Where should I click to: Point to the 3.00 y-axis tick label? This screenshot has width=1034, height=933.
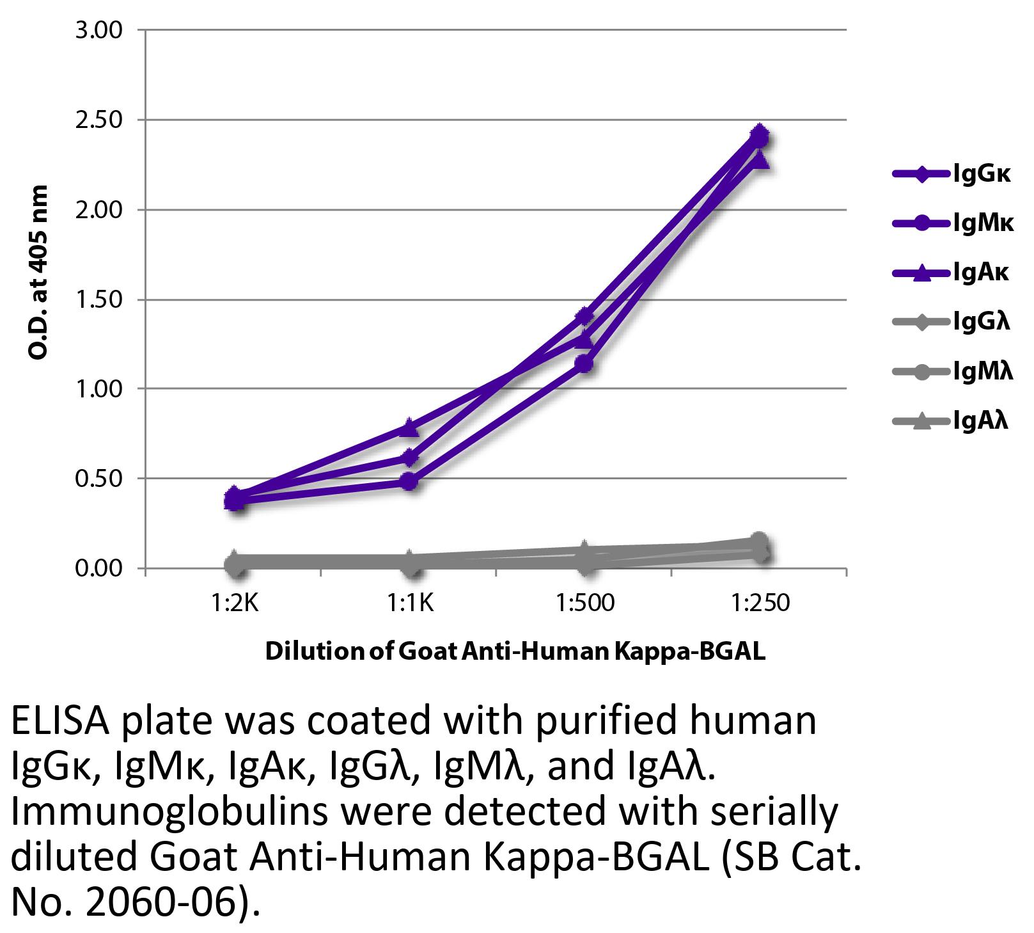click(98, 30)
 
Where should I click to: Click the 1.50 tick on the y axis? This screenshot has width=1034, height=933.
click(98, 299)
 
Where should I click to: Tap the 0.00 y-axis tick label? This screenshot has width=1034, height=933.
click(98, 568)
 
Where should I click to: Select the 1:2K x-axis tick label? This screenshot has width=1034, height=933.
click(235, 603)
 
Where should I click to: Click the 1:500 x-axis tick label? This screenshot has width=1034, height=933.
click(584, 603)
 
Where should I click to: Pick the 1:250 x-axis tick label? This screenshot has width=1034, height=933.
click(759, 603)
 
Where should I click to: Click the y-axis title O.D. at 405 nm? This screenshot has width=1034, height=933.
click(38, 272)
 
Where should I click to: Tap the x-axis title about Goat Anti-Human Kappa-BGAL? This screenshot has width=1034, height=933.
click(515, 651)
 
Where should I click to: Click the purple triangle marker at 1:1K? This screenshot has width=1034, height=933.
click(410, 427)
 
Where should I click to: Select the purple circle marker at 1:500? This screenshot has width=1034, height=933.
click(584, 364)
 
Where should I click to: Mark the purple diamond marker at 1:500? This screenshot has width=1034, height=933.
click(584, 316)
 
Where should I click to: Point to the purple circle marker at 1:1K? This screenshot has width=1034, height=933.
click(410, 481)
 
